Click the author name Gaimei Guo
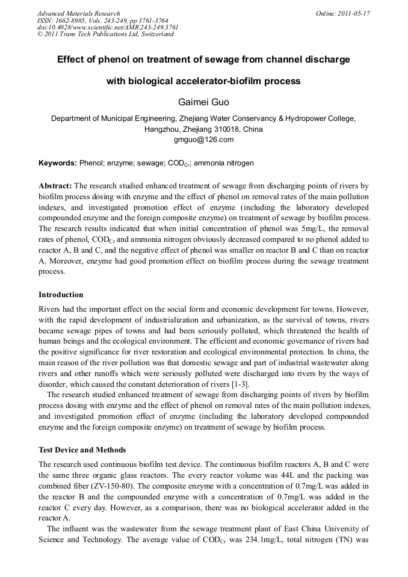pyautogui.click(x=203, y=101)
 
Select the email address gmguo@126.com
pyautogui.click(x=203, y=140)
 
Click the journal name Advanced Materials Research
pyautogui.click(x=79, y=13)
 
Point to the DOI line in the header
pyautogui.click(x=108, y=27)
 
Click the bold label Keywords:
pyautogui.click(x=58, y=163)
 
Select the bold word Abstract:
pyautogui.click(x=55, y=187)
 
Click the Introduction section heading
pyautogui.click(x=61, y=295)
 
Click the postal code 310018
pyautogui.click(x=220, y=129)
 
